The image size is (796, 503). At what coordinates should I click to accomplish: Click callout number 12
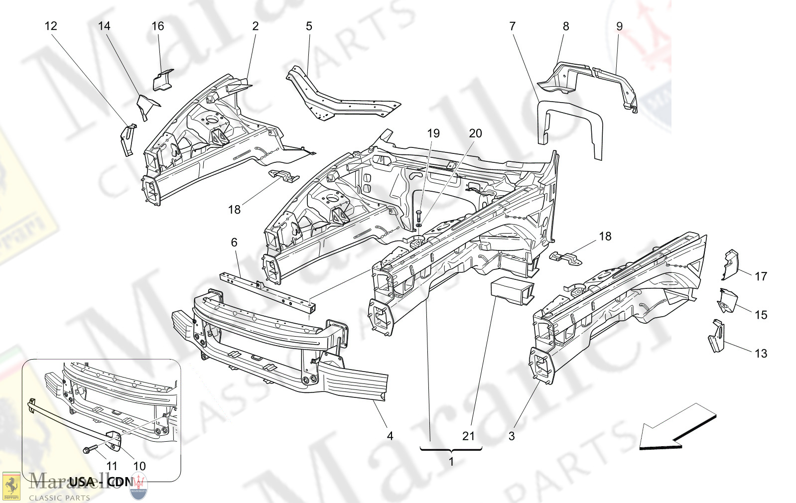click(51, 26)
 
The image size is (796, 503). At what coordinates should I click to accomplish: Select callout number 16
click(158, 26)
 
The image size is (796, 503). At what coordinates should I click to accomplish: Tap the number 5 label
click(309, 26)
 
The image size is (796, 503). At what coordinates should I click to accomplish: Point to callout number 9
click(619, 26)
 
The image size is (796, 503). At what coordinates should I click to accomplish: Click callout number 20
click(475, 133)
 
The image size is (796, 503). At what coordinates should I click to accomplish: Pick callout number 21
click(468, 436)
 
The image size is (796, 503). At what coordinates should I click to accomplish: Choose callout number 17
click(761, 276)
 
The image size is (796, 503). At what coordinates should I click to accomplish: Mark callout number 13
click(761, 354)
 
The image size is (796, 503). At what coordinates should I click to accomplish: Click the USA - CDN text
click(101, 482)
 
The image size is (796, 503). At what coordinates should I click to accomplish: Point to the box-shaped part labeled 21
click(512, 291)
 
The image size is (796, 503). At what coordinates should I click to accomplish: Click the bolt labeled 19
click(418, 217)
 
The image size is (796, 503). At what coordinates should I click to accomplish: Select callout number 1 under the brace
click(451, 462)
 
